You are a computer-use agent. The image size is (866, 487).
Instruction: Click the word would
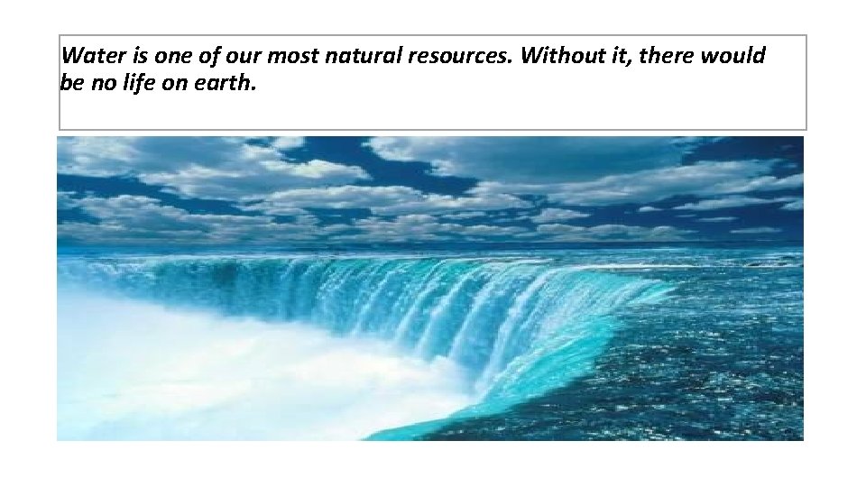(732, 56)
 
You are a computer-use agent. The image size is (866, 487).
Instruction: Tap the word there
(668, 56)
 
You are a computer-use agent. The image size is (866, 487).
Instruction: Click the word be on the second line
(70, 85)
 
